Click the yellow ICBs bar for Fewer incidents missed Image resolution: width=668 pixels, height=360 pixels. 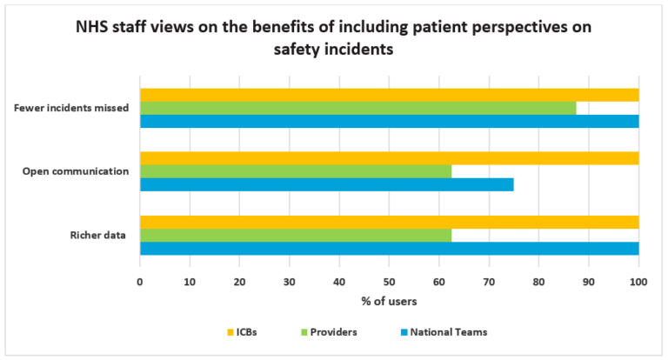point(389,95)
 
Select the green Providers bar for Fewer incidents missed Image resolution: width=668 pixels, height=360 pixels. point(357,108)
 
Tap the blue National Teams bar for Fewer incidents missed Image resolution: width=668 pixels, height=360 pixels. point(389,121)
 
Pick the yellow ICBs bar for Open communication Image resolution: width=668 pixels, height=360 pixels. point(389,158)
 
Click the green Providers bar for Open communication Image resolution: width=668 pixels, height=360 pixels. point(296,171)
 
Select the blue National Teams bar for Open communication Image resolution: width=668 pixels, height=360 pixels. point(326,184)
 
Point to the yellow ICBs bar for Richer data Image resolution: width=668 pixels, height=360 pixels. point(389,222)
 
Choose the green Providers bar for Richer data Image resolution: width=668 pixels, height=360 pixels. point(296,235)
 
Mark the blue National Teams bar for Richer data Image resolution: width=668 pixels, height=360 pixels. point(389,248)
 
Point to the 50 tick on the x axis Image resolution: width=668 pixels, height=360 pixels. point(389,282)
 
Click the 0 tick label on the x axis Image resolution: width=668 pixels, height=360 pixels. point(140,282)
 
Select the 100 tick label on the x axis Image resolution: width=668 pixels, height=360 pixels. point(638,282)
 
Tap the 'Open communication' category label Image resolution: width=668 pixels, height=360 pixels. point(76,171)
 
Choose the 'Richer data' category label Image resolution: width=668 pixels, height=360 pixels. point(99,235)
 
